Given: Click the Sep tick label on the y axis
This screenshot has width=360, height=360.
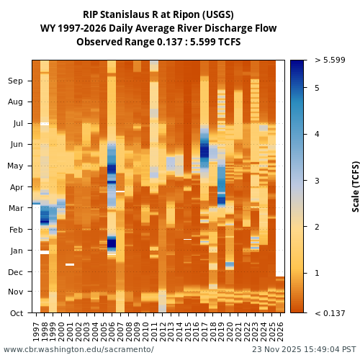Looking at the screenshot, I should [x=15, y=81].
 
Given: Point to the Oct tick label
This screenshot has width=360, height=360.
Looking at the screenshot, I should [x=15, y=313].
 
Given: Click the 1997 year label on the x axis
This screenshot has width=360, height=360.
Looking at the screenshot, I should [x=36, y=331].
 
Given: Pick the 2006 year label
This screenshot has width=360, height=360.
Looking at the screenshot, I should [x=112, y=331].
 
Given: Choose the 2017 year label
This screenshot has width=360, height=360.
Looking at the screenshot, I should [x=204, y=331].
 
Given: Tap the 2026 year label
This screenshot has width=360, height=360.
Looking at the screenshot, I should [x=280, y=331].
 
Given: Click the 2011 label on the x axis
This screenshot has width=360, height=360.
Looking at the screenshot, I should [x=154, y=331].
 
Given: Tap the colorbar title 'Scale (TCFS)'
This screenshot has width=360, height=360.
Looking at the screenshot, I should [x=355, y=186].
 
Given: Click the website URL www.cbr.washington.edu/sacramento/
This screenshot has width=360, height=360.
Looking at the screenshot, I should [x=78, y=349].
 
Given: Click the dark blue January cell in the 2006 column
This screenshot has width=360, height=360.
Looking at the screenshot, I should [x=112, y=243].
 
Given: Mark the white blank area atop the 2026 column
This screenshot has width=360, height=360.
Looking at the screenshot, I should [x=280, y=166].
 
